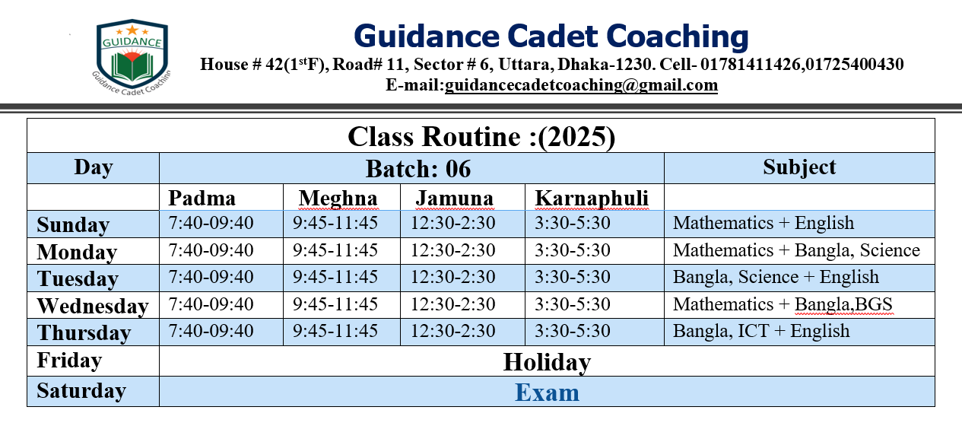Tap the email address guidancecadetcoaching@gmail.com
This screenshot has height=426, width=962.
581,85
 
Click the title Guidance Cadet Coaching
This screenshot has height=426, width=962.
551,36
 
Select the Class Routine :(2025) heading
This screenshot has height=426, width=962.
481,137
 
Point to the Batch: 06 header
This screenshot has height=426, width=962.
418,168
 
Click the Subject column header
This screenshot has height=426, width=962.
799,167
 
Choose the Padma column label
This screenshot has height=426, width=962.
202,198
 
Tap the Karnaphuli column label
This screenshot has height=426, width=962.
592,199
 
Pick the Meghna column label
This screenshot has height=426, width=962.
338,199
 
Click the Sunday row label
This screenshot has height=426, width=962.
73,224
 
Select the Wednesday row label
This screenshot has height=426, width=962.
93,306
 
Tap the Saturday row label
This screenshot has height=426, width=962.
81,391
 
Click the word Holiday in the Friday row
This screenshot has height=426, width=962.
547,362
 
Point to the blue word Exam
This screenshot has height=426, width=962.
547,393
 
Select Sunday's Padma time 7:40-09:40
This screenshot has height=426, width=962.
211,223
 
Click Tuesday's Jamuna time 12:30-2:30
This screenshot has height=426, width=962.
453,277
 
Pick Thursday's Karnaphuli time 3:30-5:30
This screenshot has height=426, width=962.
573,331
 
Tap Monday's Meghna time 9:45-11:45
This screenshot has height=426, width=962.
335,250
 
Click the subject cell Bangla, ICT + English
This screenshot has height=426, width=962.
761,331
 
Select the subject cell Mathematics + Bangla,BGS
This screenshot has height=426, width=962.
783,304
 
